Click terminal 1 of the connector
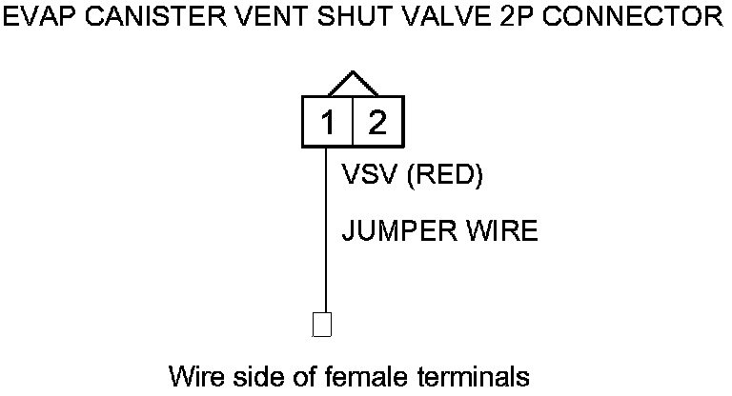328,123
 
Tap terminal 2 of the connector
377,123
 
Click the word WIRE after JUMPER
502,231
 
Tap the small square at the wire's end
322,325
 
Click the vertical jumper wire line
326,238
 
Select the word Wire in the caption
195,375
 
